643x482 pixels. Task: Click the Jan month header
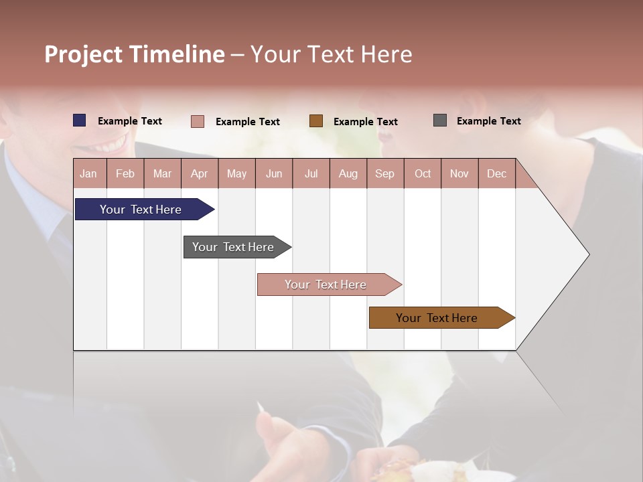pyautogui.click(x=88, y=173)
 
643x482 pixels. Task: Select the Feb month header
pyautogui.click(x=125, y=173)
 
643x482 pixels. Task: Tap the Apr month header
pyautogui.click(x=199, y=173)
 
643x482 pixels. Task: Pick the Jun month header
pyautogui.click(x=274, y=173)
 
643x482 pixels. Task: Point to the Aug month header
pyautogui.click(x=348, y=173)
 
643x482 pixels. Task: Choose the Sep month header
pyautogui.click(x=384, y=173)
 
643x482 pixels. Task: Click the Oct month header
pyautogui.click(x=423, y=173)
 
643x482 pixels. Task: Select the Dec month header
pyautogui.click(x=496, y=173)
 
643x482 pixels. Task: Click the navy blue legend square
pyautogui.click(x=80, y=120)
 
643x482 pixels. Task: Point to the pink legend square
pyautogui.click(x=198, y=121)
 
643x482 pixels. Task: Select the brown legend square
pyautogui.click(x=316, y=121)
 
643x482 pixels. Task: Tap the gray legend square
pyautogui.click(x=440, y=120)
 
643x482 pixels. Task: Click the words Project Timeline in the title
pyautogui.click(x=135, y=54)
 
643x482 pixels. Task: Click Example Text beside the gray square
pyautogui.click(x=488, y=121)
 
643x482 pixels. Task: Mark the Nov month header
pyautogui.click(x=459, y=173)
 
